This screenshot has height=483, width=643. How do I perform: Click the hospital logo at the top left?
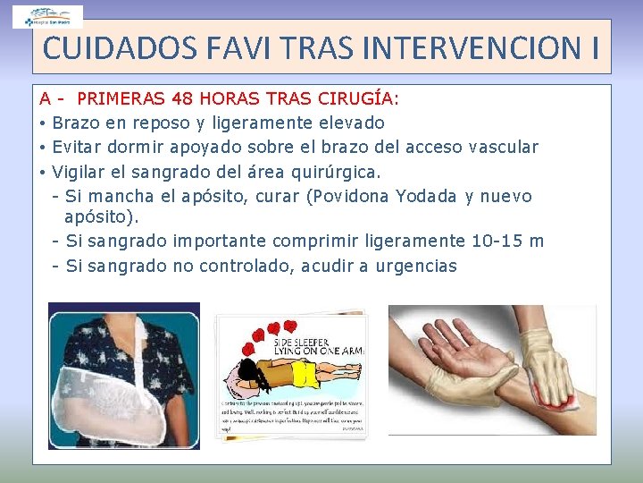(48, 16)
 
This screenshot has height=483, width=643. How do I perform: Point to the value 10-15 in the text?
(497, 241)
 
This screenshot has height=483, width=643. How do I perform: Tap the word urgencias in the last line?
(417, 266)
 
